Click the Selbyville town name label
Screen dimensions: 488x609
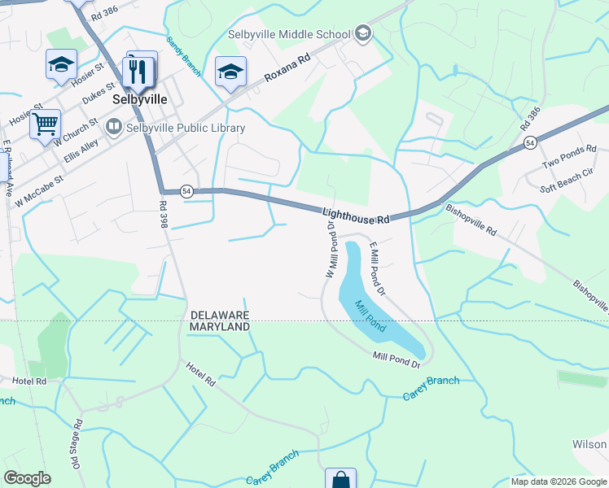coord(140,98)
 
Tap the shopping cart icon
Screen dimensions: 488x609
coord(46,124)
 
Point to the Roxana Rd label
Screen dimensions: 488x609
coord(287,69)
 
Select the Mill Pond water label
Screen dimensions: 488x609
coord(369,314)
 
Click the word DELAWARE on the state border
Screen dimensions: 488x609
coord(219,315)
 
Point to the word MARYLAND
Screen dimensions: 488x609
coord(219,326)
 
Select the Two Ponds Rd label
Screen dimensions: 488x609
coord(569,157)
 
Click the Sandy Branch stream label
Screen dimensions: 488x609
coord(183,56)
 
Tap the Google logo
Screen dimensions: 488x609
coord(27,478)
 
